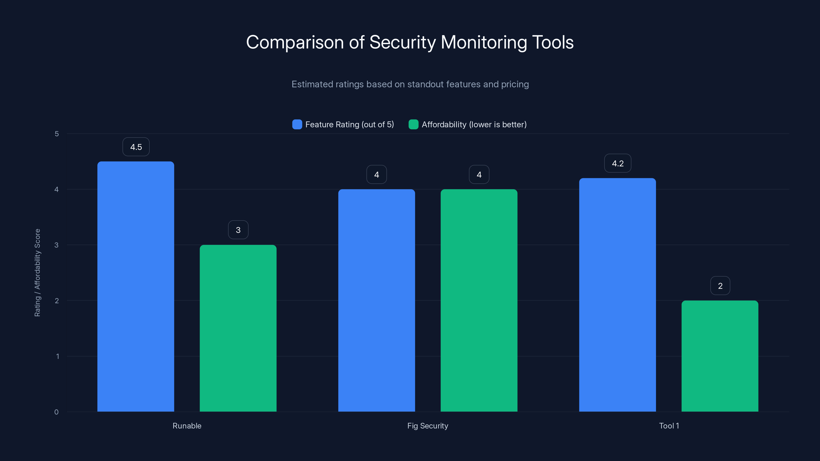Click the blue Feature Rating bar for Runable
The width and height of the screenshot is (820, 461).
pyautogui.click(x=136, y=286)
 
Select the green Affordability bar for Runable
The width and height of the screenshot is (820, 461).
pyautogui.click(x=238, y=328)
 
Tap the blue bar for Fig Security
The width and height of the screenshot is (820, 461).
pyautogui.click(x=377, y=300)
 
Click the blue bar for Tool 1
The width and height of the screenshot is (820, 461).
pyautogui.click(x=618, y=295)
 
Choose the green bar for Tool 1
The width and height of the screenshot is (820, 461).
pyautogui.click(x=720, y=356)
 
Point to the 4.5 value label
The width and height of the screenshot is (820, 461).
pyautogui.click(x=136, y=147)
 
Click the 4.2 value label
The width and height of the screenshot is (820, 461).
pyautogui.click(x=618, y=164)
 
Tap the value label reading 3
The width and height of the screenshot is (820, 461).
pyautogui.click(x=238, y=230)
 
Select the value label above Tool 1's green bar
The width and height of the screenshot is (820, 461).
pyautogui.click(x=720, y=286)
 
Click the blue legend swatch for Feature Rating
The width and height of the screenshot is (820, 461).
pyautogui.click(x=297, y=124)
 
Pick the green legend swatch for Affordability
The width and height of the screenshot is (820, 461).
pyautogui.click(x=413, y=124)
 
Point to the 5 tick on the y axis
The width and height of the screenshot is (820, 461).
pyautogui.click(x=57, y=134)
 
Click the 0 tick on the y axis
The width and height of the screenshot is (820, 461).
pyautogui.click(x=56, y=412)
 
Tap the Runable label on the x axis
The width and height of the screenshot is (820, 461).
pyautogui.click(x=187, y=426)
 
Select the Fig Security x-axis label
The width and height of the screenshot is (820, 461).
pyautogui.click(x=427, y=426)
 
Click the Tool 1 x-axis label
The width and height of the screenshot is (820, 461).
pyautogui.click(x=669, y=426)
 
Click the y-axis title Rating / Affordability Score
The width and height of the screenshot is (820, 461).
pyautogui.click(x=37, y=273)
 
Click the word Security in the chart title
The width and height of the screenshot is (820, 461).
pyautogui.click(x=402, y=42)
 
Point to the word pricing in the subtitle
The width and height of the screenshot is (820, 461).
pyautogui.click(x=515, y=84)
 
